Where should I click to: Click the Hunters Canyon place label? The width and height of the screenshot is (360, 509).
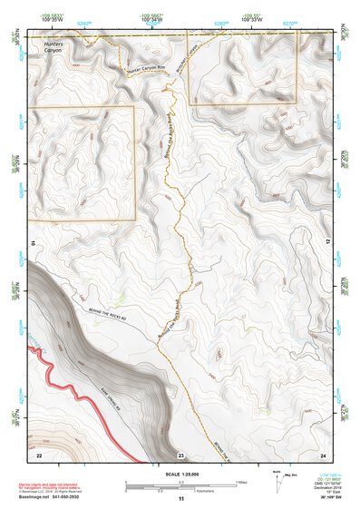tap(42, 46)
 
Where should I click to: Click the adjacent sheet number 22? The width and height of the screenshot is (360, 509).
tap(40, 454)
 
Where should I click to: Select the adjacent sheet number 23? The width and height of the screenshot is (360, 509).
tap(181, 454)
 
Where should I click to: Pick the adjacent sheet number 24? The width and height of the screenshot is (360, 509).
tap(323, 454)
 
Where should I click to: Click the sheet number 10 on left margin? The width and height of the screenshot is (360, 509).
tap(33, 244)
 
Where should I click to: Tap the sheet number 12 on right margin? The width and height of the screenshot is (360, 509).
tap(328, 244)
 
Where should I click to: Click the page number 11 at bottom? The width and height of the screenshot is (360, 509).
tap(180, 499)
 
